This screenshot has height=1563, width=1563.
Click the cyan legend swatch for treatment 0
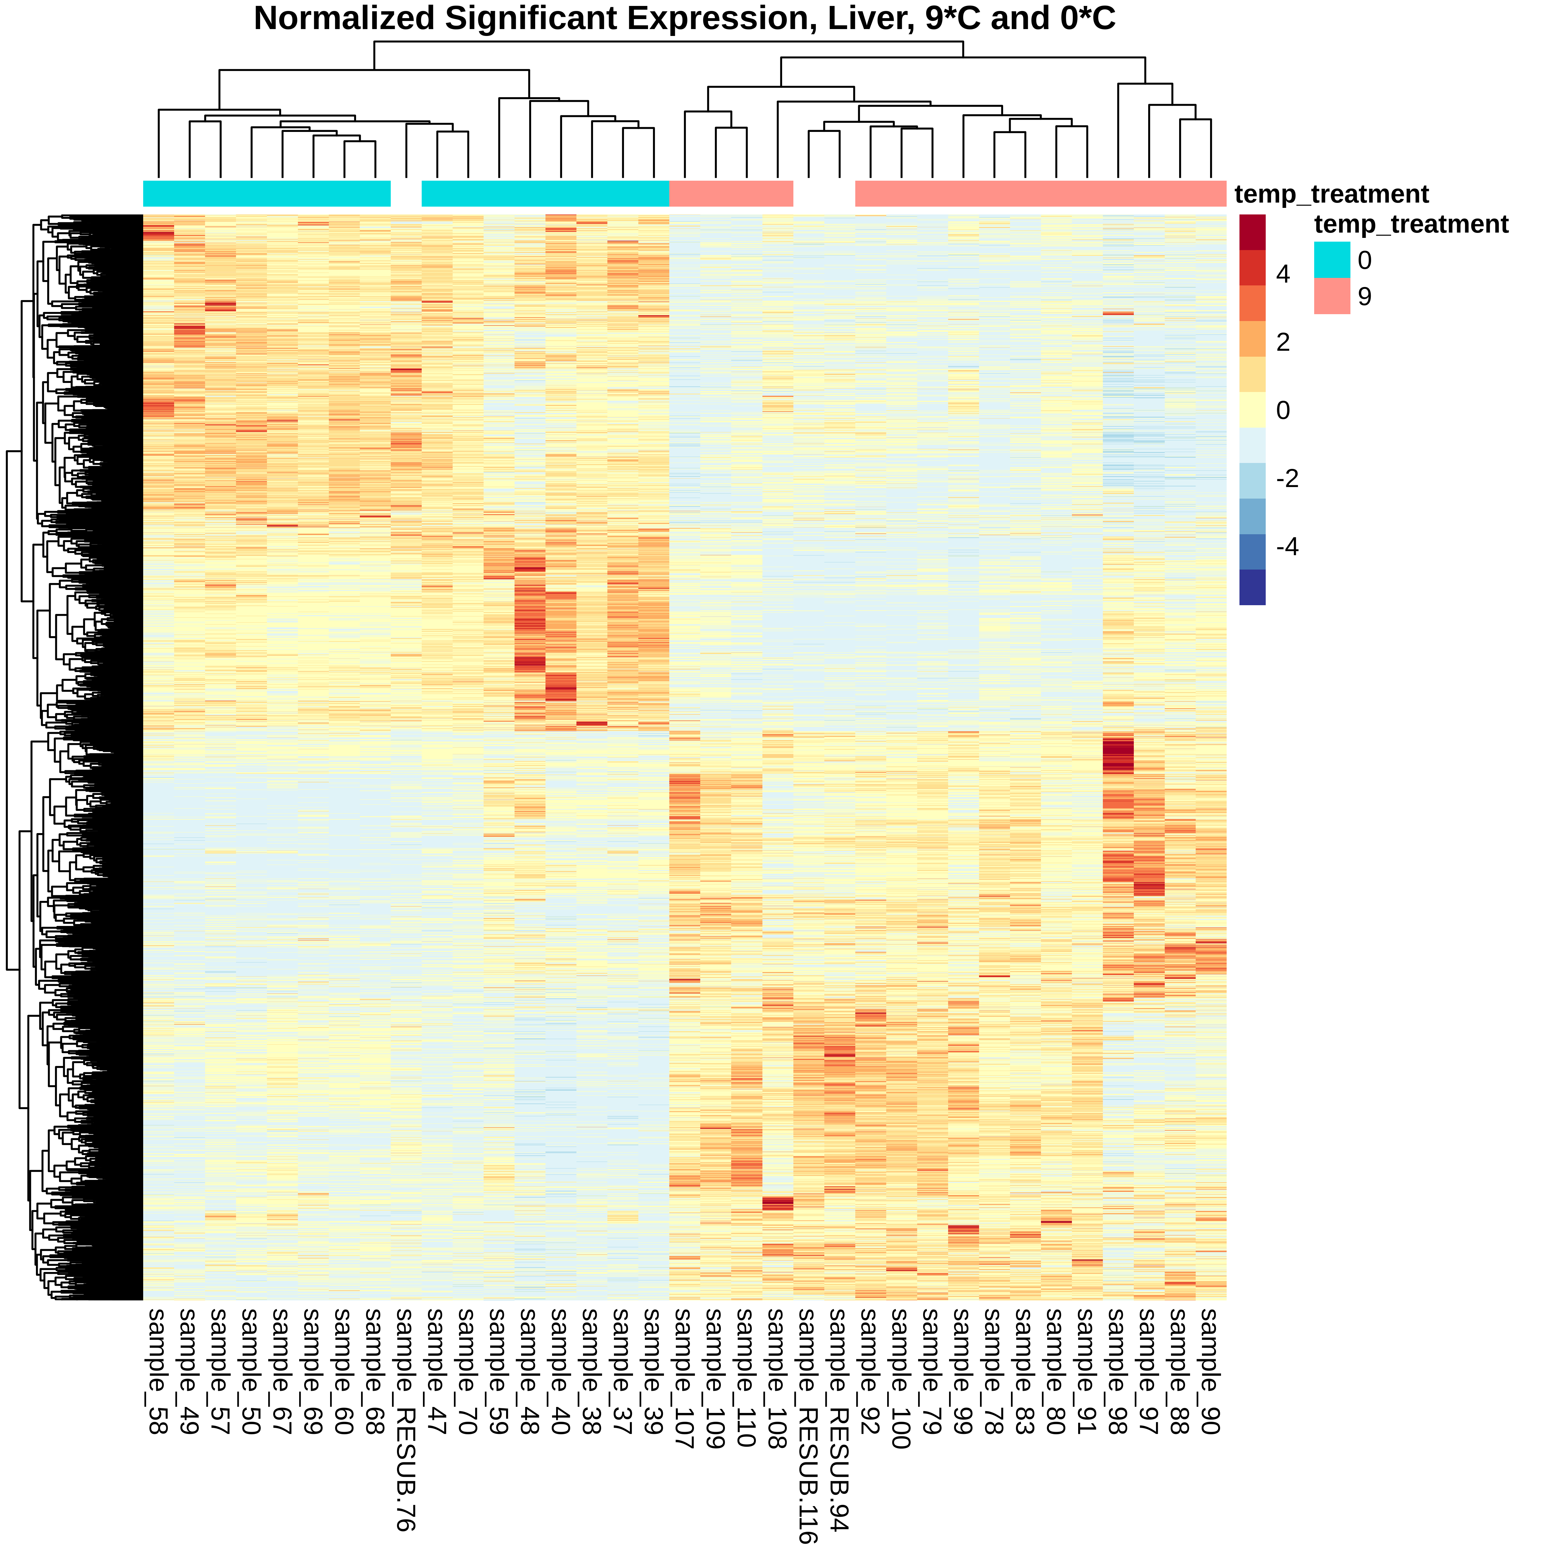tap(1332, 260)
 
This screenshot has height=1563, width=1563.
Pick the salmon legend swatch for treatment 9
tap(1332, 296)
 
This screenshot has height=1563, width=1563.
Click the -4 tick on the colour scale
tap(1286, 547)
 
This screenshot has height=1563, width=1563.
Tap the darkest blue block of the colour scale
tap(1252, 587)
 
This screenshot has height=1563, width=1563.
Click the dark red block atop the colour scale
tap(1252, 232)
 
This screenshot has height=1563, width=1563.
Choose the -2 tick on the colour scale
tap(1286, 479)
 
